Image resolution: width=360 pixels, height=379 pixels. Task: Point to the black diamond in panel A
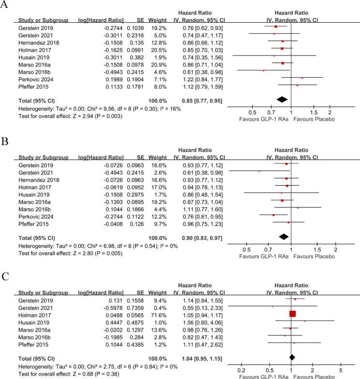coord(282,99)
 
